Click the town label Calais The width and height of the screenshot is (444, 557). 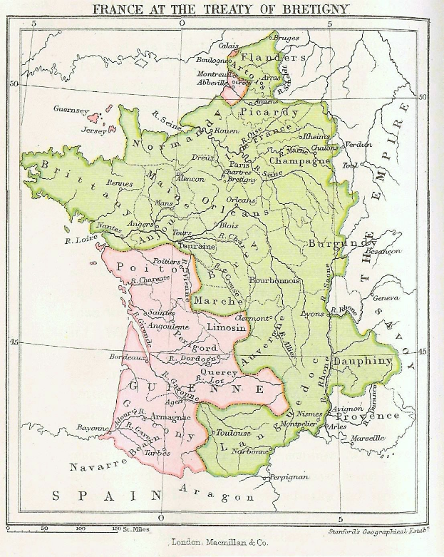pos(229,45)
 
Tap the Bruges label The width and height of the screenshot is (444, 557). pos(286,38)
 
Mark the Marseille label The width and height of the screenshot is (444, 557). pos(387,438)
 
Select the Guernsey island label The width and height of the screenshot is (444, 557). pos(71,110)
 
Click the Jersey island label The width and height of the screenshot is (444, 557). pos(93,131)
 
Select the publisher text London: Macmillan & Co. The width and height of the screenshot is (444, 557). pos(222,543)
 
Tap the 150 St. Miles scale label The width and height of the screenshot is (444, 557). pos(125,528)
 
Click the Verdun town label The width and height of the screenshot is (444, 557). pos(358,144)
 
